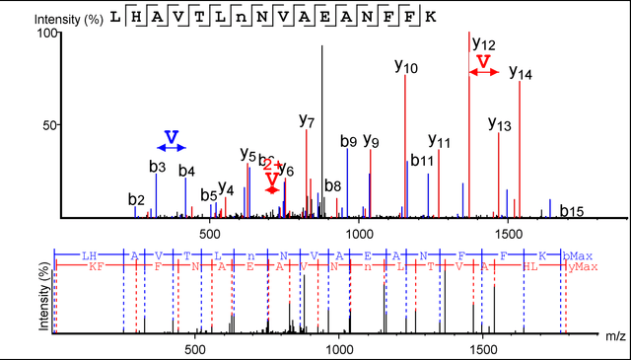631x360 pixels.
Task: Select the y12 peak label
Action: (x=483, y=43)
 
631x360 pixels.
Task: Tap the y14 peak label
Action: (x=521, y=74)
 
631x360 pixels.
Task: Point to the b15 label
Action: (x=572, y=210)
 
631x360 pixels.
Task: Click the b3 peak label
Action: (x=158, y=167)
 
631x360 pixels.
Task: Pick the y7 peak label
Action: (x=307, y=122)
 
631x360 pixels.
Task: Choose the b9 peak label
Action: (x=348, y=141)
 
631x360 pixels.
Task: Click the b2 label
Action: (x=136, y=200)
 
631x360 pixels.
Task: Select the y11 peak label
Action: (x=439, y=142)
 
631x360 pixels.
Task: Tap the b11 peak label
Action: (x=422, y=160)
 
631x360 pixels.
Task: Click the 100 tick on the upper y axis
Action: (x=43, y=34)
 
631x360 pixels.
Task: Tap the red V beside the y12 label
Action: (x=482, y=62)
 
